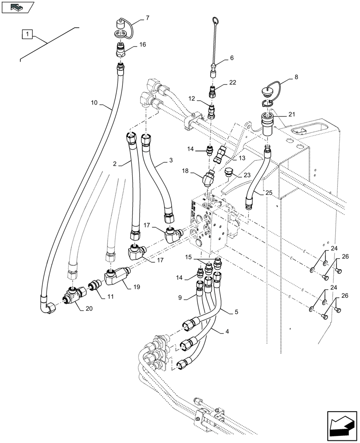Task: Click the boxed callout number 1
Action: coord(27,34)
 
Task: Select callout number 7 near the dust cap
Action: coord(147,18)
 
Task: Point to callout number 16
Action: coord(142,45)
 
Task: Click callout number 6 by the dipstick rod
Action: coord(231,58)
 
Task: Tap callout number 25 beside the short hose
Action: coord(269,193)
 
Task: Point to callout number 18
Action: coord(185,171)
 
